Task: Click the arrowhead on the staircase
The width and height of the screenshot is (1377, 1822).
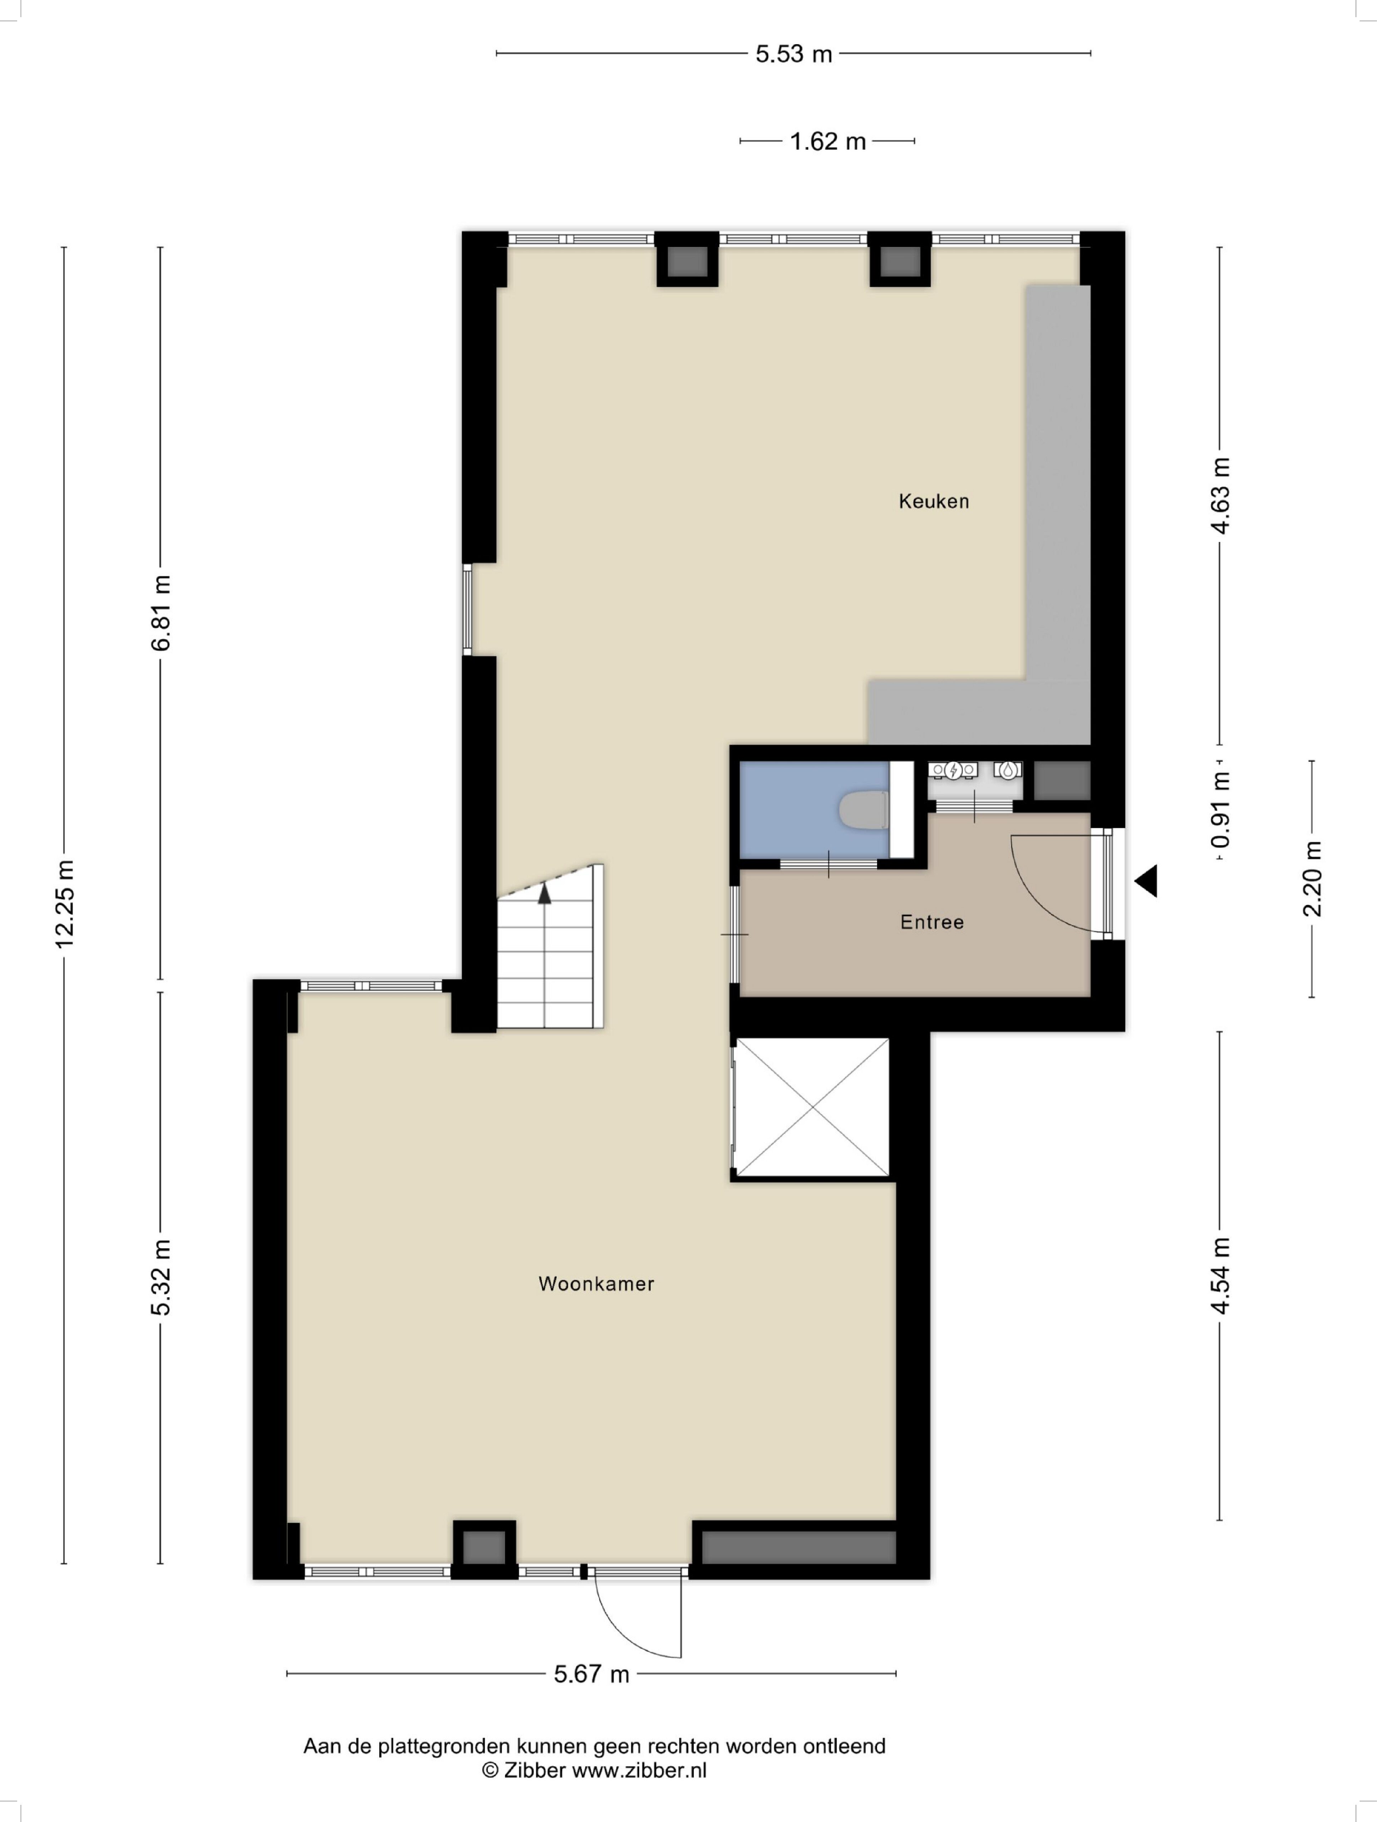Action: (x=544, y=894)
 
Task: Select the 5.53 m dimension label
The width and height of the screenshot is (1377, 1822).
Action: (x=794, y=54)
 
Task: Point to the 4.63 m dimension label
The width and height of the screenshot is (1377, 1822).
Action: (x=1220, y=496)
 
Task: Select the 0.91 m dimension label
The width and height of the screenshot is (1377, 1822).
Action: (x=1220, y=810)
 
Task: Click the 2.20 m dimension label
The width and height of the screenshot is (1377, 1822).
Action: (x=1312, y=879)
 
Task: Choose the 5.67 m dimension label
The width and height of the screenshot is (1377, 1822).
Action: (x=591, y=1674)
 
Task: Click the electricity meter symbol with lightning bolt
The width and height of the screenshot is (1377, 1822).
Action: (x=953, y=770)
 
